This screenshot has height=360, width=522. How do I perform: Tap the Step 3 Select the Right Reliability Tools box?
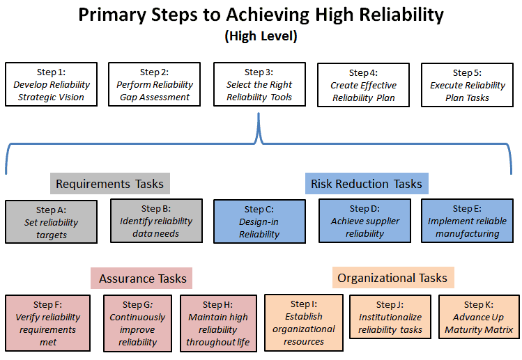[x=259, y=84]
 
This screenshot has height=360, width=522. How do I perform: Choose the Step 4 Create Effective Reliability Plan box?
[x=363, y=85]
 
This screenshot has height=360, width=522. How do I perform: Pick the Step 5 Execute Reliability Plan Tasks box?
[x=467, y=85]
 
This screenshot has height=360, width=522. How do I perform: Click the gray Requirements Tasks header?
[x=110, y=184]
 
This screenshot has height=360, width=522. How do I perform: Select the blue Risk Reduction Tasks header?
[x=367, y=184]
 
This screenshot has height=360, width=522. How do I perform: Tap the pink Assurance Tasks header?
[x=142, y=279]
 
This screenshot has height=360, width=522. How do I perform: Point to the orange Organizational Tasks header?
[x=392, y=278]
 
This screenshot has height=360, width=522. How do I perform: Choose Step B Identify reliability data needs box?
[x=156, y=221]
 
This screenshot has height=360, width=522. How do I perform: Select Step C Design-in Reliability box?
[x=259, y=221]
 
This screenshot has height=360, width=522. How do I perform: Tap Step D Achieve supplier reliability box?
[x=364, y=221]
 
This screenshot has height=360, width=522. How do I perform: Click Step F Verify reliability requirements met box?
[x=47, y=323]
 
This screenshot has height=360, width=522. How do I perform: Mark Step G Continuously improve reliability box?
[x=137, y=323]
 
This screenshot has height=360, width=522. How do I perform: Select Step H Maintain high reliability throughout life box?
[x=217, y=323]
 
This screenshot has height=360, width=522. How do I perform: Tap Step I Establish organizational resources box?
[x=304, y=322]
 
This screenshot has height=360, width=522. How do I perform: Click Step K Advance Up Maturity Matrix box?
[x=478, y=317]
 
